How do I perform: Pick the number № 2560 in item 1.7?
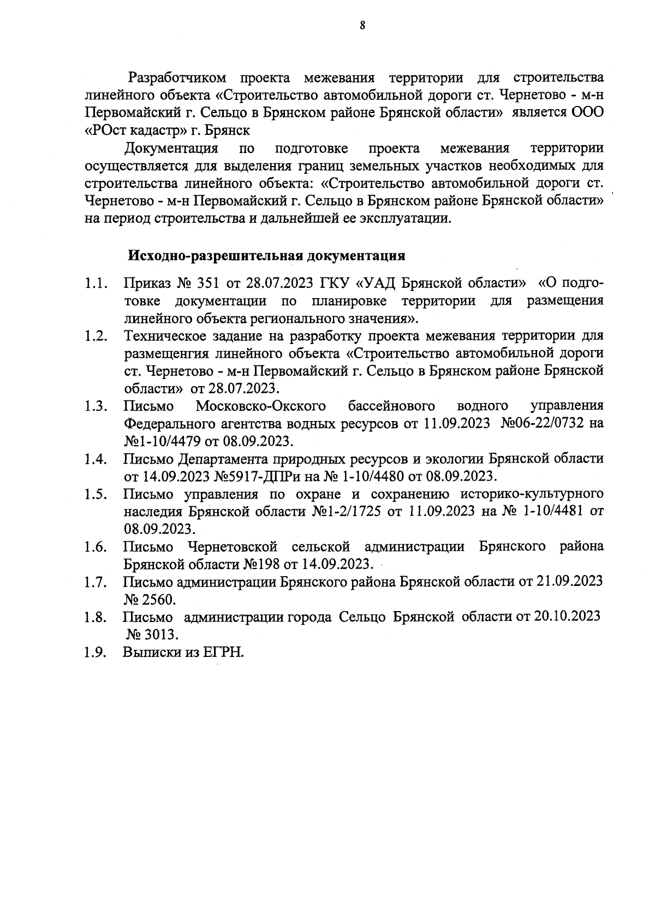pos(150,599)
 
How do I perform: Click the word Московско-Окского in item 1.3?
pos(261,406)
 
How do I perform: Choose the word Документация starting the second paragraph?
pos(171,149)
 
